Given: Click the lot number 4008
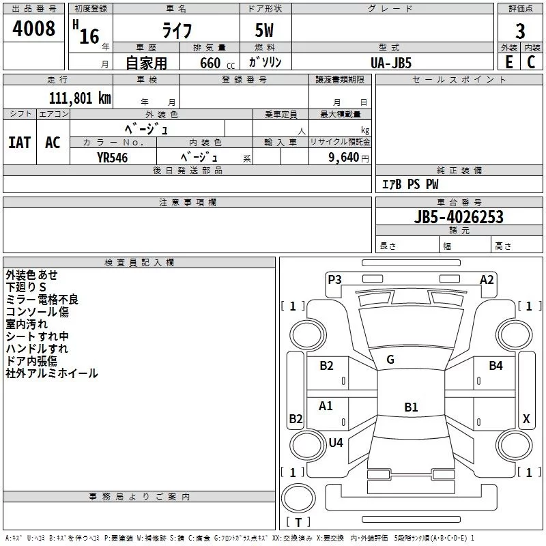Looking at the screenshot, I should [34, 29].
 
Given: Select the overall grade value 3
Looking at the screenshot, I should [520, 31].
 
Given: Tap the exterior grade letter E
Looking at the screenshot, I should [508, 61].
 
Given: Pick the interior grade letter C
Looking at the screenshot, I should [531, 61].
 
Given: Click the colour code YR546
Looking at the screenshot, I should [112, 157].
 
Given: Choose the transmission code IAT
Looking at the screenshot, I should [19, 143].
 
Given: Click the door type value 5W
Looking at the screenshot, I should [265, 31].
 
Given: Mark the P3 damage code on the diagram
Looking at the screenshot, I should [334, 279].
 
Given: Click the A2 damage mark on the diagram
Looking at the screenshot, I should [487, 279].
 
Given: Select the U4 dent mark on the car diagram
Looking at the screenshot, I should [336, 442].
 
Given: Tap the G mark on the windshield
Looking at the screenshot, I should [390, 360].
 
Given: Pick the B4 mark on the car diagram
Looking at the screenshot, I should [495, 366].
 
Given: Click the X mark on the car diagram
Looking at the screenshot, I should [526, 419].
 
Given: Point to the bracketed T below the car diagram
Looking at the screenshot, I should [298, 523].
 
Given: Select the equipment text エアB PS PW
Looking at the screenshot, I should [409, 184].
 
